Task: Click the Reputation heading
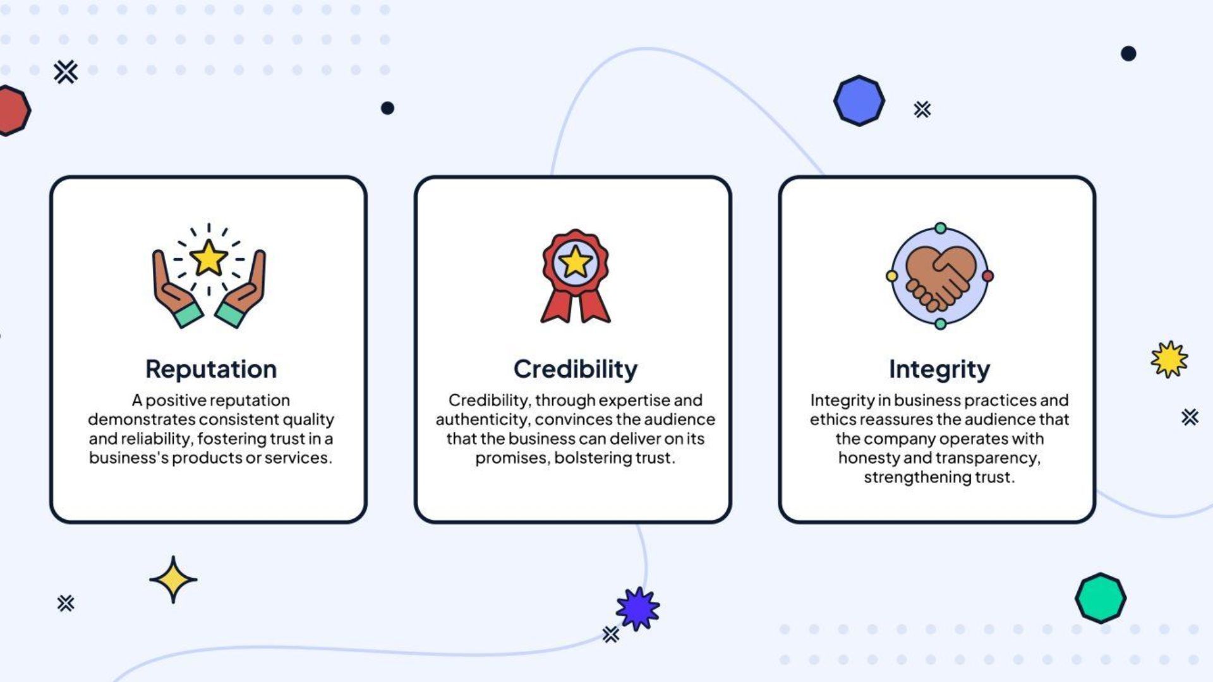pos(211,369)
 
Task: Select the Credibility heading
pos(576,369)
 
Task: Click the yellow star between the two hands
pos(208,258)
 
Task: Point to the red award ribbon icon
pos(576,276)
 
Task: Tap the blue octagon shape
pos(859,100)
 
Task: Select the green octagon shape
pos(1101,598)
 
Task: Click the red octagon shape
pos(13,111)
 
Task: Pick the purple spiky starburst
pos(638,609)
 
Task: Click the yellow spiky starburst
pos(1169,359)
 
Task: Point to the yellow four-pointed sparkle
pos(173,580)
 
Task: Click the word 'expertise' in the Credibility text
pos(634,401)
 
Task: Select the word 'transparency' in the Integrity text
pos(987,458)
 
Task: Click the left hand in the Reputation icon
pos(176,290)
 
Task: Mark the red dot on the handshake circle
pos(988,276)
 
